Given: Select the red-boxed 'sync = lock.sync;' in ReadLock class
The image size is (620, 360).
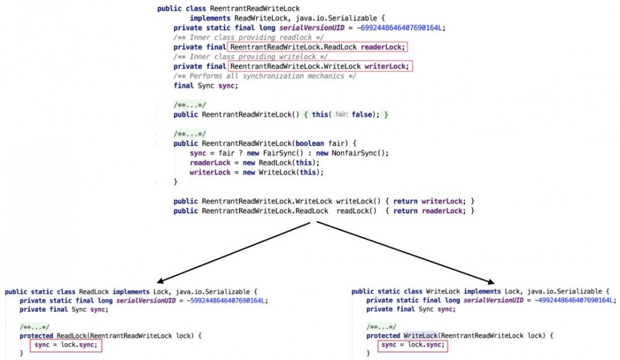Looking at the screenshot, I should pyautogui.click(x=66, y=345).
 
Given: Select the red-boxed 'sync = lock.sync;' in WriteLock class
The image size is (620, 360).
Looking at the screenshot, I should pyautogui.click(x=413, y=345).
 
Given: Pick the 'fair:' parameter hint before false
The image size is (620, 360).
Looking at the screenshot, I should pyautogui.click(x=341, y=115).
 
